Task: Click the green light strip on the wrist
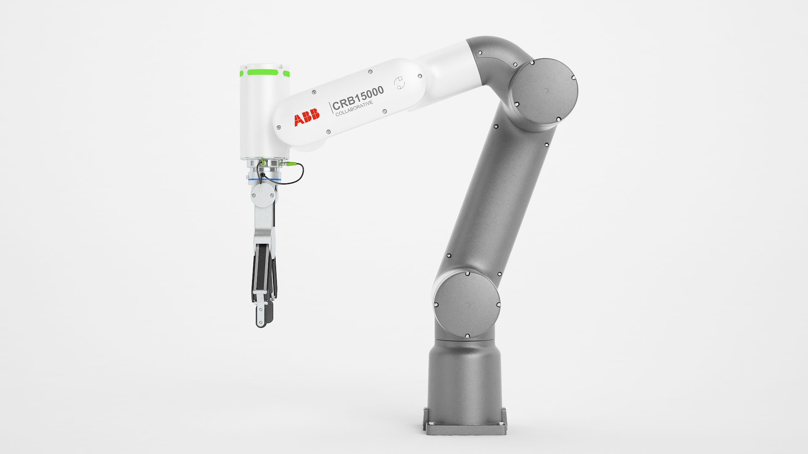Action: (x=263, y=72)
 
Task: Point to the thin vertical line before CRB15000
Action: (x=330, y=108)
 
